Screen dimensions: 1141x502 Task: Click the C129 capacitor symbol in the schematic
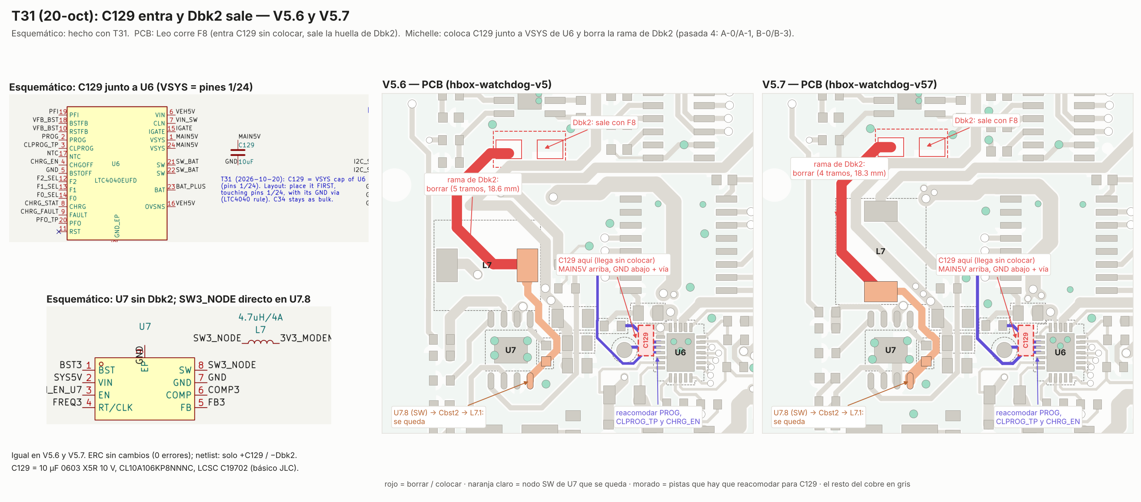[x=238, y=152]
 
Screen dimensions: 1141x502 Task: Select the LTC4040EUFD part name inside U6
[x=116, y=180]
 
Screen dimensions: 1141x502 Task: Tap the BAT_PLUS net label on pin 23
[x=191, y=186]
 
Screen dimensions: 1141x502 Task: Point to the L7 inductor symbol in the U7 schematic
[x=260, y=342]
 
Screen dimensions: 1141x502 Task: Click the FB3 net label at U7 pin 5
[x=216, y=402]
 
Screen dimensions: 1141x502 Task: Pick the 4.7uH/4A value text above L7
[x=260, y=317]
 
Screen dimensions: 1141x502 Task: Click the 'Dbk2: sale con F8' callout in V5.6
[x=604, y=122]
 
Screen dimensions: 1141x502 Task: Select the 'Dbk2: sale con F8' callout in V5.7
[x=986, y=120]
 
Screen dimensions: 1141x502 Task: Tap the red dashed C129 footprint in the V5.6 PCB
[x=646, y=340]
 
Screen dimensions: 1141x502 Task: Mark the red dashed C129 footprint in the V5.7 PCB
[x=1025, y=340]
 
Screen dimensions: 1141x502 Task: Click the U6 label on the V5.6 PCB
[x=680, y=352]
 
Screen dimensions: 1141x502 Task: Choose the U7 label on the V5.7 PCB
[x=890, y=350]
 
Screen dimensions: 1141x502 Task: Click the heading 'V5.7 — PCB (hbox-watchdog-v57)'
[x=849, y=84]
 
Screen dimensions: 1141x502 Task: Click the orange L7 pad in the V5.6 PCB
[x=527, y=265]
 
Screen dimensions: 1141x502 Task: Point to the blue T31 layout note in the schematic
[x=293, y=189]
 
